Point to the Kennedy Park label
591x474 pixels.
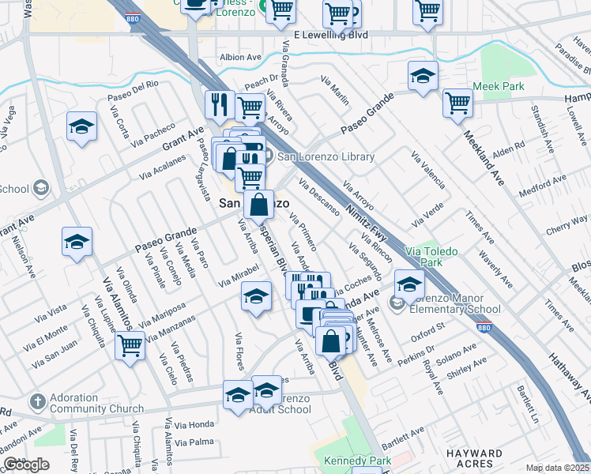point(357,460)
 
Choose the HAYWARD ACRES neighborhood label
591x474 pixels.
point(485,458)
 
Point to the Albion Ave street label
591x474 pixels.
point(240,58)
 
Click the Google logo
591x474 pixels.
point(27,465)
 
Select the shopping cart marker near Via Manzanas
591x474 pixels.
point(130,344)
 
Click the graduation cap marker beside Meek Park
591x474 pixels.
point(423,76)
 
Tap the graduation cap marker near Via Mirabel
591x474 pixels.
point(255,296)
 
